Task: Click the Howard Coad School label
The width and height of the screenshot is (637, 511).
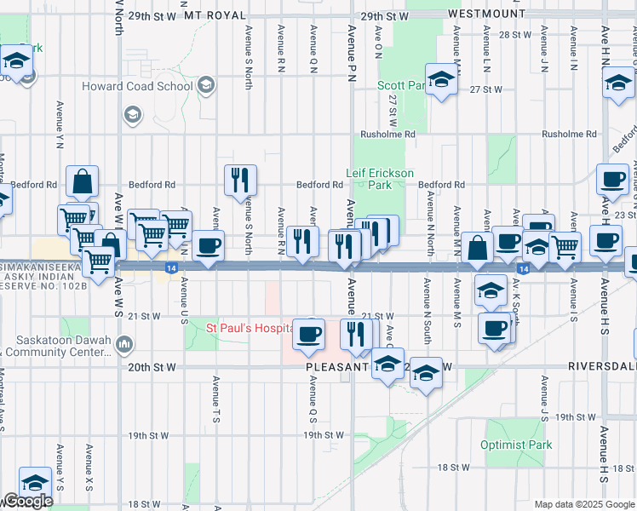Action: [136, 86]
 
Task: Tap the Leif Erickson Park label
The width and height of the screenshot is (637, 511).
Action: [379, 179]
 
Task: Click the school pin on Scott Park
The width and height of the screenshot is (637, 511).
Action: [440, 79]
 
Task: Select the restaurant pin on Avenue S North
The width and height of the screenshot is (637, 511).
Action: [240, 180]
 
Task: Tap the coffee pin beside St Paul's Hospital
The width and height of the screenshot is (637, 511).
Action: [308, 332]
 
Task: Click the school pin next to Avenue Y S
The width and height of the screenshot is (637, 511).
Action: [34, 483]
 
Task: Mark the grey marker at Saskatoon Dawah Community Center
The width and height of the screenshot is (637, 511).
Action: [124, 343]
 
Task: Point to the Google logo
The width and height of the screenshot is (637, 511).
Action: [27, 501]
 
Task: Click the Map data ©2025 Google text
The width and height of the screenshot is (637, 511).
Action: [584, 504]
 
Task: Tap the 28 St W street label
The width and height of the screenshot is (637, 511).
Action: [514, 35]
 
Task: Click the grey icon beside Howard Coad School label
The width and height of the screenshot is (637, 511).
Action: [205, 85]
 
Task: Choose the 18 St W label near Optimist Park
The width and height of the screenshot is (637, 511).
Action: [453, 468]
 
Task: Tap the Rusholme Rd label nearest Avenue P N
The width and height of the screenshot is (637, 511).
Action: [387, 135]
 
